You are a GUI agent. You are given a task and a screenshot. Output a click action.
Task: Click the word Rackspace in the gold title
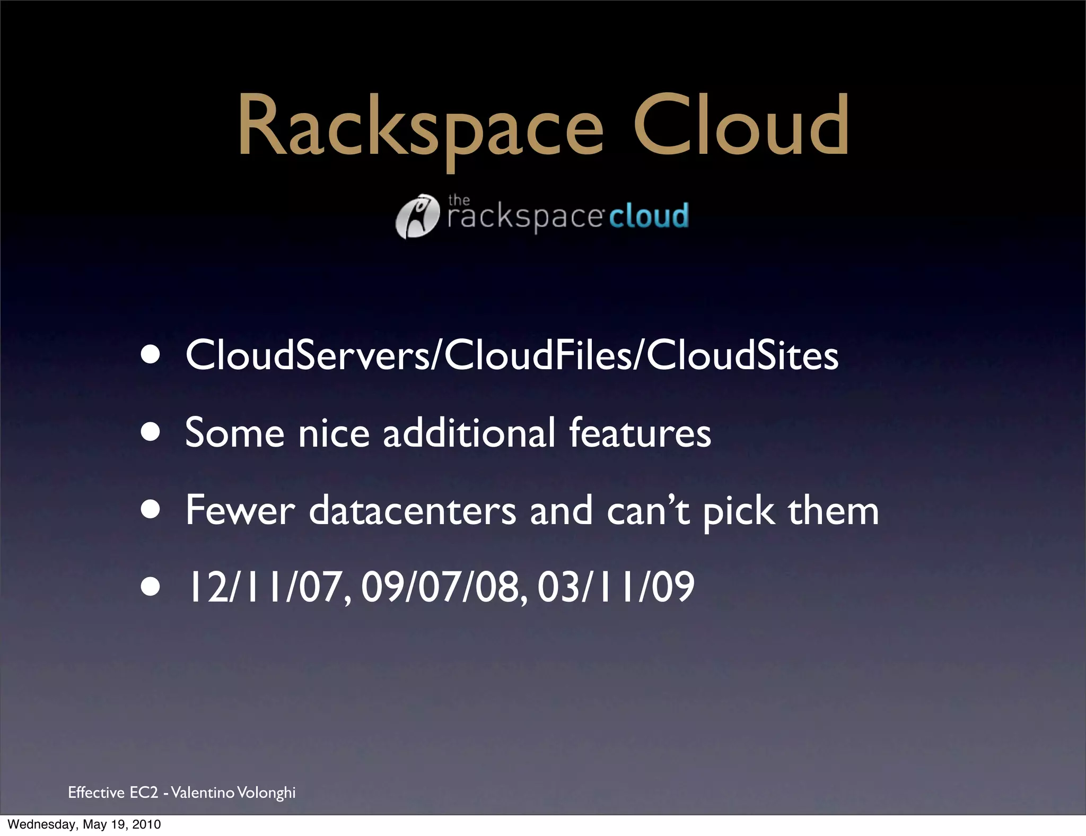coord(420,127)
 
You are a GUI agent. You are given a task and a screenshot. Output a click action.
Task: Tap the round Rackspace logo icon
coord(418,216)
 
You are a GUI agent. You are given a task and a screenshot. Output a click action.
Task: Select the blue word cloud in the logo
coord(649,216)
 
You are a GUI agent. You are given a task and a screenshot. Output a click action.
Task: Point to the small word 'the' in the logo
coord(459,200)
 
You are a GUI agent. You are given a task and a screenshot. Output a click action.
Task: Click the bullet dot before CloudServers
coord(151,355)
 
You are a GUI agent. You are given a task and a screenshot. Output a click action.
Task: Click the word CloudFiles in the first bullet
coord(538,355)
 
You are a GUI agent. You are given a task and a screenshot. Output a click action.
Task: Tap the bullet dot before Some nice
coord(151,432)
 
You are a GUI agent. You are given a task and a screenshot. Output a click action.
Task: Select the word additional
coord(469,432)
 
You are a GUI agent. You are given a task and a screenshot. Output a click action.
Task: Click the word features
coord(640,432)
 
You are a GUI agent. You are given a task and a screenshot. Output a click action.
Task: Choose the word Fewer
coord(240,510)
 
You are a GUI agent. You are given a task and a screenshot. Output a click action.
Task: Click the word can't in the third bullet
coord(648,510)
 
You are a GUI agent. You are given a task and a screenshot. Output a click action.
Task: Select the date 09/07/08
coord(444,587)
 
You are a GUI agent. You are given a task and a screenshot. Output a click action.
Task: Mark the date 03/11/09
coord(616,587)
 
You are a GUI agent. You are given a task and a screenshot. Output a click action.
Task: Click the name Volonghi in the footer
coord(266,793)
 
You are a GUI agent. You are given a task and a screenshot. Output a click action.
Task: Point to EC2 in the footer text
coord(144,793)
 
